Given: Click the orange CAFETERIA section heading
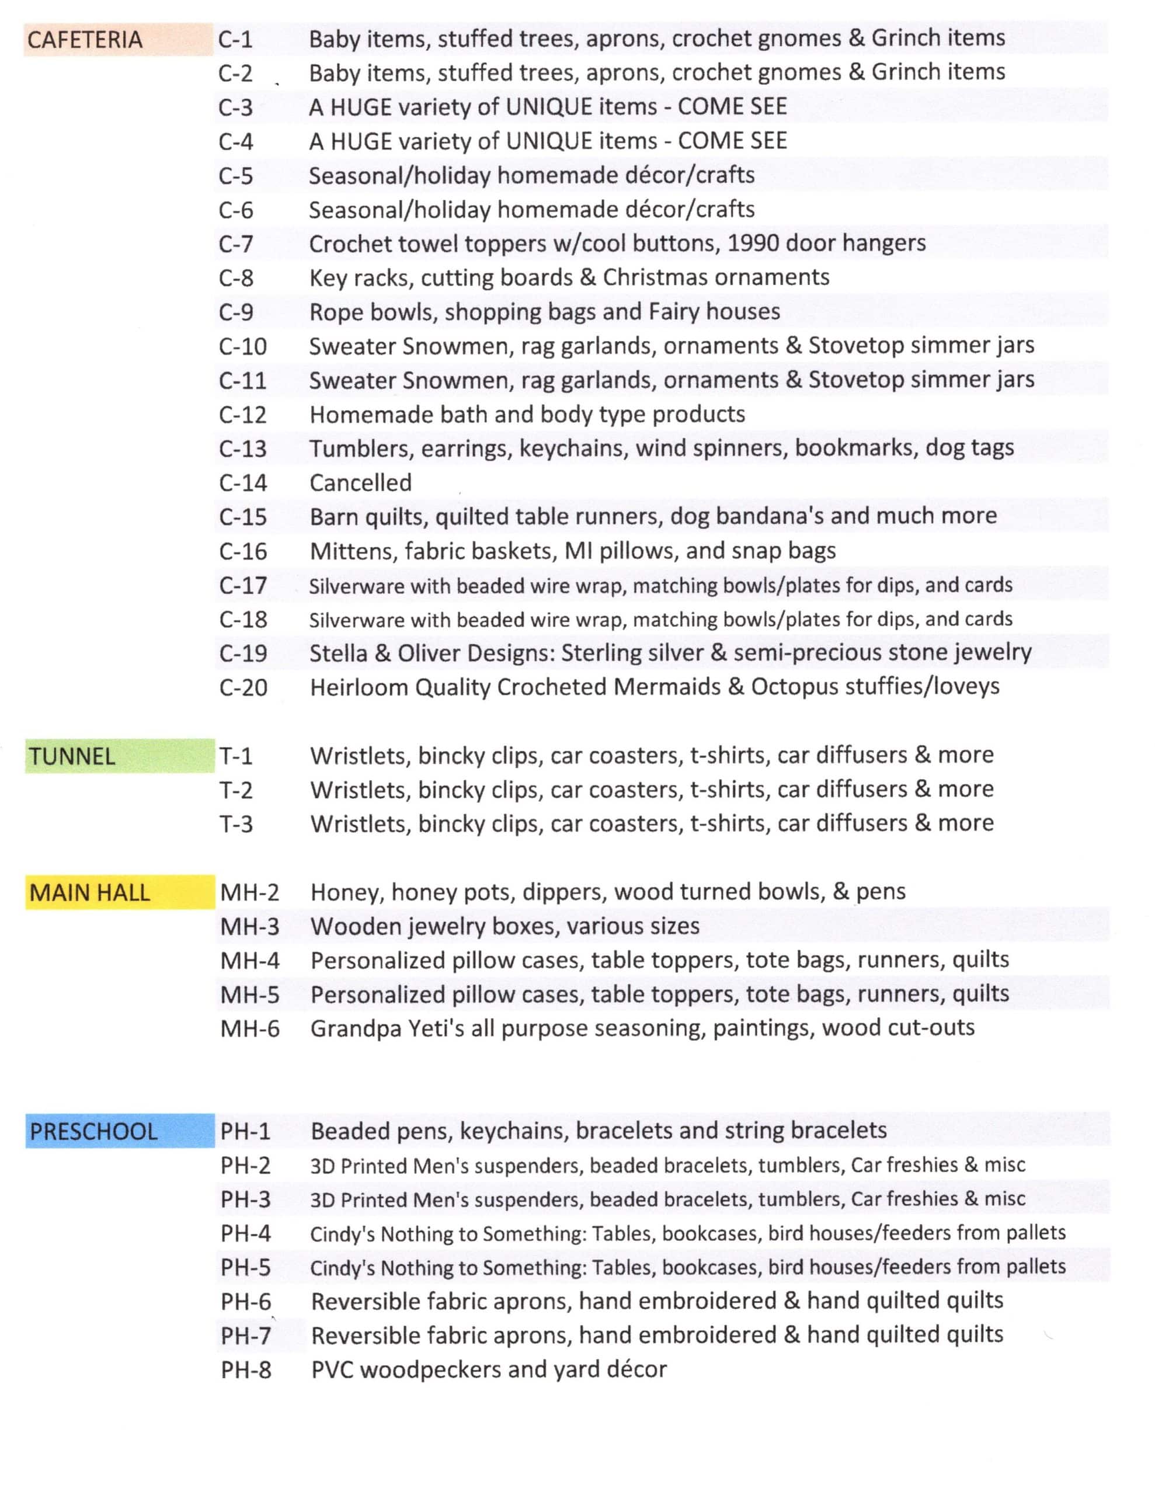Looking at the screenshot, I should point(85,40).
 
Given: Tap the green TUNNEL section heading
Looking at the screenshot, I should point(72,756).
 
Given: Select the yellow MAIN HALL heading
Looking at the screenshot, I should point(90,892).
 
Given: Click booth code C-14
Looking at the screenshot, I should point(242,484).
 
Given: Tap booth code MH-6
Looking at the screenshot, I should point(250,1029).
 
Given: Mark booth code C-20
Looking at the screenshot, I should point(243,687).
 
